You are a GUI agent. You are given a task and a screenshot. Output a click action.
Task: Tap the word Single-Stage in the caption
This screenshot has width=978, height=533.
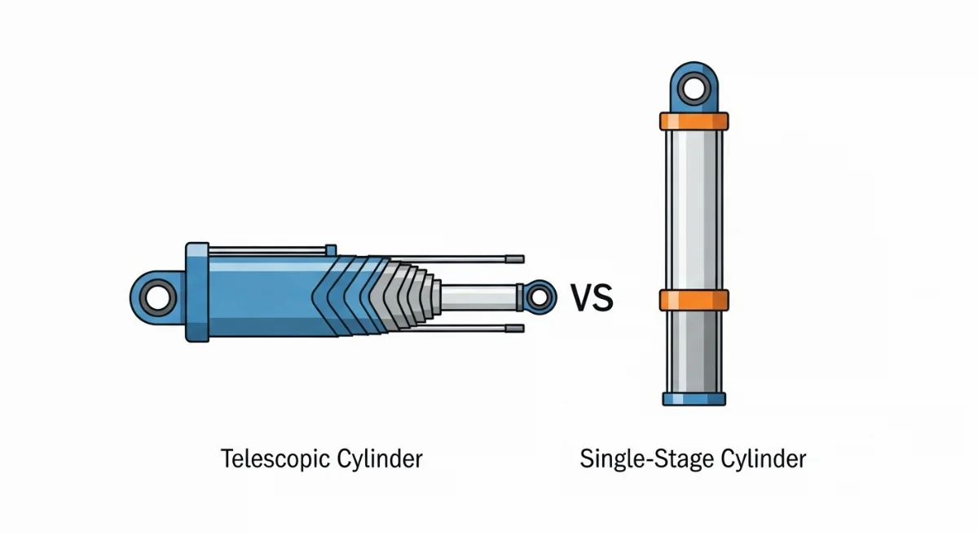[632, 459]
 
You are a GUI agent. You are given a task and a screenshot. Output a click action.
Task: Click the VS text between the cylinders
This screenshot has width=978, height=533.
[591, 298]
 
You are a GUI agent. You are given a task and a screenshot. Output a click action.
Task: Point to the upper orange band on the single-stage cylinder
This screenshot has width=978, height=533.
[694, 121]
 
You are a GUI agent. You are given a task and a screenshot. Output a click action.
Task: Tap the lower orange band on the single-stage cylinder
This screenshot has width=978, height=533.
[694, 300]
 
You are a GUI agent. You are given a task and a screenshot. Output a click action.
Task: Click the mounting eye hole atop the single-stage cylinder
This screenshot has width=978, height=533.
[694, 87]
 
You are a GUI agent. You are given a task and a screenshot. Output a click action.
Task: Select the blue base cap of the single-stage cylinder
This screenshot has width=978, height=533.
[694, 399]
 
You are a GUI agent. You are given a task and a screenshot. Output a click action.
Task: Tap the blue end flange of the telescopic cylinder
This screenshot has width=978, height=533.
[197, 292]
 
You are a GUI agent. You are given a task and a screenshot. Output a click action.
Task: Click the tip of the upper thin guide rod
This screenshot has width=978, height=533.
[514, 259]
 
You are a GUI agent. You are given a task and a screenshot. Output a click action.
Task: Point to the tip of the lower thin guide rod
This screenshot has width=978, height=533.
[514, 328]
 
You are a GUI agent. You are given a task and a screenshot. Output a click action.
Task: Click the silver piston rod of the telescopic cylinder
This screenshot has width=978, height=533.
[481, 296]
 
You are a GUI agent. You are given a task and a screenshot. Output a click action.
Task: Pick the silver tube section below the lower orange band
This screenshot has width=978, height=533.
[694, 350]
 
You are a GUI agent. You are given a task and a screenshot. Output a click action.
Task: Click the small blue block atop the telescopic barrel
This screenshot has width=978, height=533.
[330, 249]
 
